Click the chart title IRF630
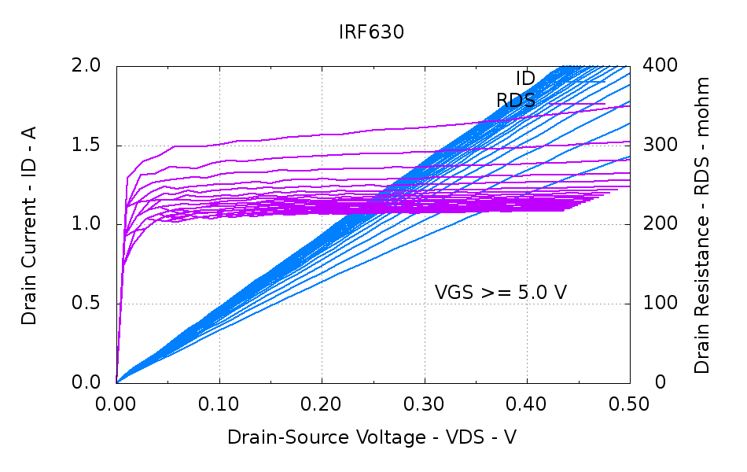pyautogui.click(x=372, y=32)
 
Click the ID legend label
pyautogui.click(x=525, y=79)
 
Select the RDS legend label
pyautogui.click(x=516, y=101)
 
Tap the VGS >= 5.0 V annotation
pyautogui.click(x=501, y=293)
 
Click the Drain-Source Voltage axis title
pyautogui.click(x=372, y=438)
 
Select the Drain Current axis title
pyautogui.click(x=30, y=224)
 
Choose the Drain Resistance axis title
pyautogui.click(x=702, y=225)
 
